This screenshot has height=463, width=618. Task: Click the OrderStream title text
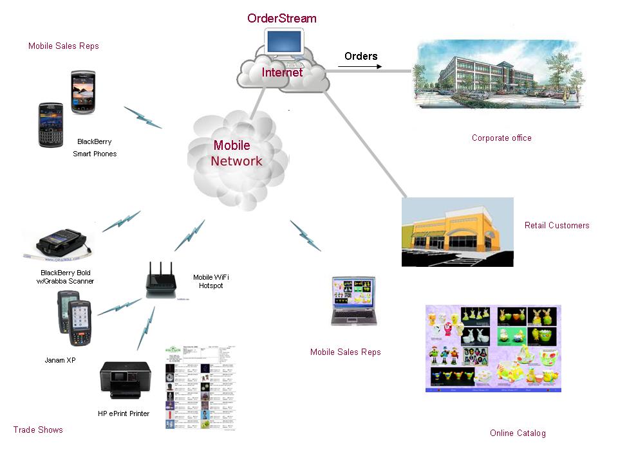[x=282, y=18]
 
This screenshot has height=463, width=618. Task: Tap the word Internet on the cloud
[x=282, y=73]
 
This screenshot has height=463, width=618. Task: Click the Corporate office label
[x=501, y=138]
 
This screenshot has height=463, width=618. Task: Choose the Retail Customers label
[x=557, y=225]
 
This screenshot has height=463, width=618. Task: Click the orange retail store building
[x=457, y=232]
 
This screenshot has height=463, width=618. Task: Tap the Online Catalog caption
[x=518, y=433]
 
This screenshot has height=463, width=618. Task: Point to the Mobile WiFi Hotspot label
[x=211, y=281]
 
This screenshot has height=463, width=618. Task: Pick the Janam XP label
[x=60, y=360]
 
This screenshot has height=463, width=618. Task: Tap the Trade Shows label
[x=38, y=430]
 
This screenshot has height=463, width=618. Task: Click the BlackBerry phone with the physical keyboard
[x=51, y=124]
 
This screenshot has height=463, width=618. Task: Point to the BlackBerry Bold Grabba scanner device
[x=59, y=243]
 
